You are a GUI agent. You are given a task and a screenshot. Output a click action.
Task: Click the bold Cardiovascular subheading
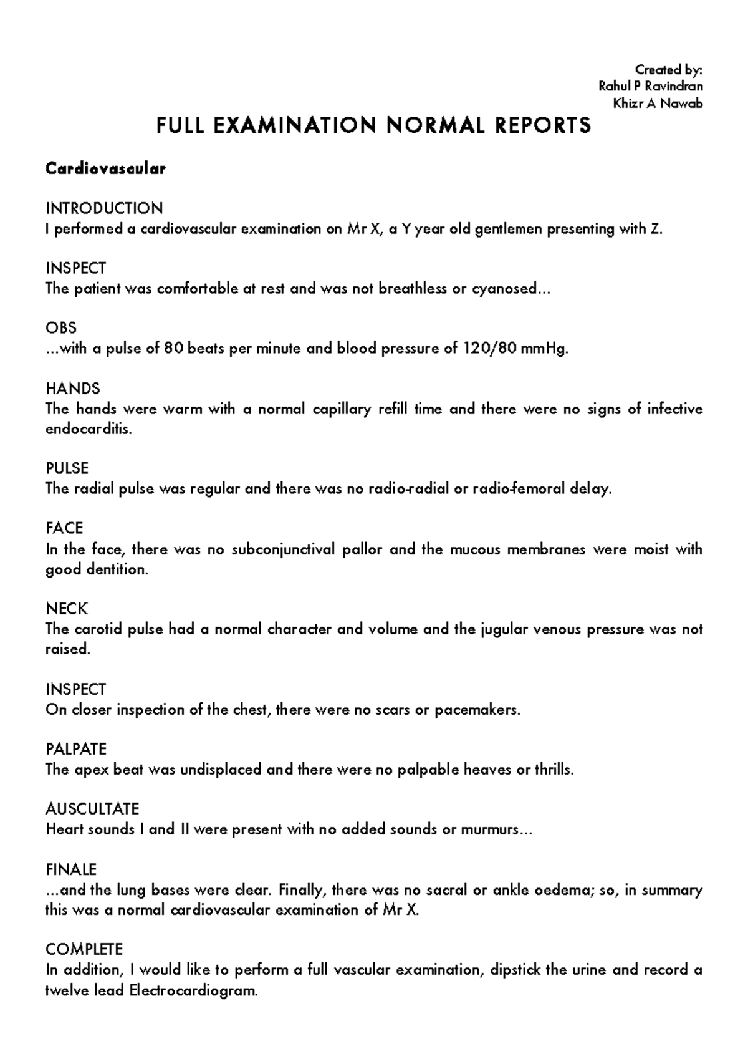point(105,168)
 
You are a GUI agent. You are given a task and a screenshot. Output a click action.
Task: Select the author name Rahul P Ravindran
point(650,86)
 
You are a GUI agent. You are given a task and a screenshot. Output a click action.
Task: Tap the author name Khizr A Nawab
point(658,104)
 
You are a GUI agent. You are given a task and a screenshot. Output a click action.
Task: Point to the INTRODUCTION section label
point(104,208)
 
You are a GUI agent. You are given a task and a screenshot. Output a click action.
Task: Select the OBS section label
point(61,328)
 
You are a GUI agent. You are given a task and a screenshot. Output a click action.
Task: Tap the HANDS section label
point(73,389)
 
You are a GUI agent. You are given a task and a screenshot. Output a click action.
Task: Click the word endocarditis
point(89,430)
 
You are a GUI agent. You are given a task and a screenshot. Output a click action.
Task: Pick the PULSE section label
point(67,468)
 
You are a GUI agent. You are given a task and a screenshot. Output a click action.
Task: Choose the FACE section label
point(64,528)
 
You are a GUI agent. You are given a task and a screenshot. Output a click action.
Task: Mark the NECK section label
point(67,609)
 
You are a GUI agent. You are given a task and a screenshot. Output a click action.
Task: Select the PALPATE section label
point(76,749)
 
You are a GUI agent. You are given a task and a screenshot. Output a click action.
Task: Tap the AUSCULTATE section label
point(92,809)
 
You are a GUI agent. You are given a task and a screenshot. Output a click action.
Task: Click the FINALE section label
point(71,869)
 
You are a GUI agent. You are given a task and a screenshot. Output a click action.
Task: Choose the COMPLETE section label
point(84,949)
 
